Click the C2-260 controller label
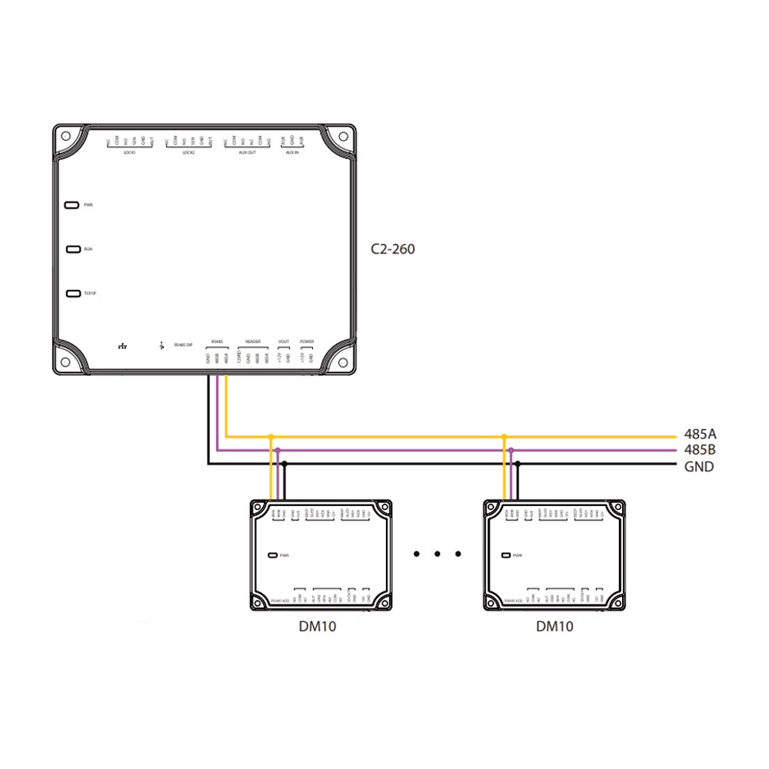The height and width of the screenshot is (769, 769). pos(392,249)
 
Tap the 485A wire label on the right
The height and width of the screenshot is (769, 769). pos(700,434)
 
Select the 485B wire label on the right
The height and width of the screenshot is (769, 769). pos(700,450)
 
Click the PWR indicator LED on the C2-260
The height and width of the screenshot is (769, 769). pos(72,205)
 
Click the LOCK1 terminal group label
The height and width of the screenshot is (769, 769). pos(129,152)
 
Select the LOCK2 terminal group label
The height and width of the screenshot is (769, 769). pos(188,152)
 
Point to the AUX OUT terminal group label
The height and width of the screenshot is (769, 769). pos(247,152)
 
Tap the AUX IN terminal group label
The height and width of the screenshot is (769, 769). pos(292,152)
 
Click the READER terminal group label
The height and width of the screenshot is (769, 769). pos(253,341)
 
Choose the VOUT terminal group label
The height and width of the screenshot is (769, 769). pos(284,341)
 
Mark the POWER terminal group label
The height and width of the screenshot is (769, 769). pos(307,341)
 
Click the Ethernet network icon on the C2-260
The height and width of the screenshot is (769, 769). pos(122,345)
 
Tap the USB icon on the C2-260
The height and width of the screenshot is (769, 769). pos(161,345)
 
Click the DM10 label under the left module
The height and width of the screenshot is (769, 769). pos(318,626)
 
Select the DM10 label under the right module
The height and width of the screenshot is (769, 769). pos(554,626)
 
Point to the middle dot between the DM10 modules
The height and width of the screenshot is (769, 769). pos(437,553)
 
